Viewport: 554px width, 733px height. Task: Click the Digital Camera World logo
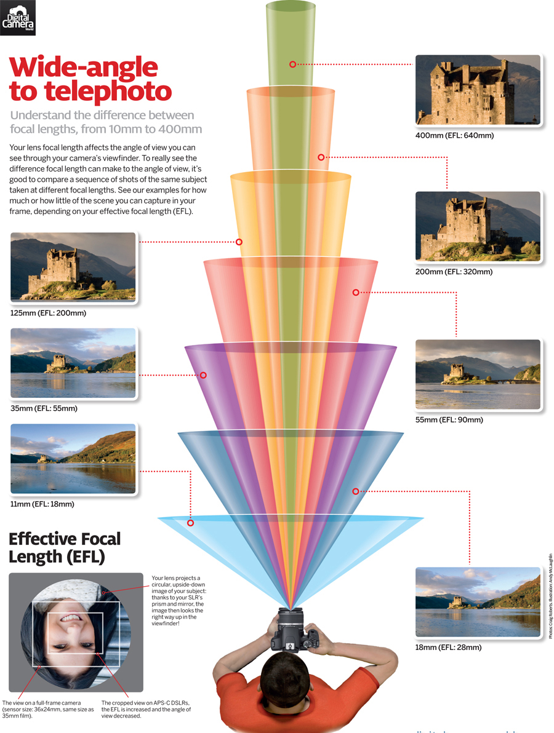18,17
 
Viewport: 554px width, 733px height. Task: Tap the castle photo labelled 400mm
478,90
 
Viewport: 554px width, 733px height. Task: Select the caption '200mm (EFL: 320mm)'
454,271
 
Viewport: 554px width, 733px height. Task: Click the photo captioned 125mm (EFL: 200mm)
73,266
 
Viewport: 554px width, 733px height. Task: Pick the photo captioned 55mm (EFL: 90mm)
478,374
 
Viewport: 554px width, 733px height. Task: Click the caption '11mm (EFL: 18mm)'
42,504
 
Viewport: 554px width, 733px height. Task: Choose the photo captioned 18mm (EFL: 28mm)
478,602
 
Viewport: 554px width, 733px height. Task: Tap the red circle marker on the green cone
292,63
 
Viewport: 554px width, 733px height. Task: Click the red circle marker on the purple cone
203,375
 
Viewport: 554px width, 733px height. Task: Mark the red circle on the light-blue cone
191,523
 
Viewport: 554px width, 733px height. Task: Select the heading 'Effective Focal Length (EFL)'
65,548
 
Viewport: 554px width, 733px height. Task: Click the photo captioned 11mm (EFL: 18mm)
73,458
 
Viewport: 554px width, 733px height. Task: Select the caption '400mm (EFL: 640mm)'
454,135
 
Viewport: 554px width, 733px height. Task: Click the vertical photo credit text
550,596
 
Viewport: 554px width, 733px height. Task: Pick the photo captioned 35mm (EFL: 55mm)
73,363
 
